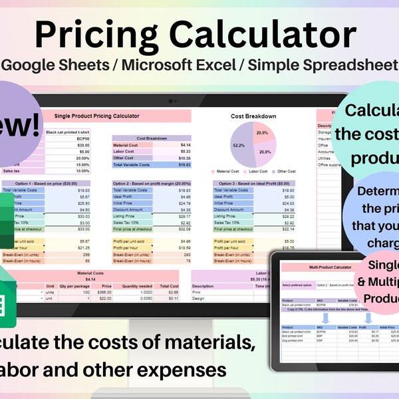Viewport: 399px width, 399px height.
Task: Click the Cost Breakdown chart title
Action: tap(253, 116)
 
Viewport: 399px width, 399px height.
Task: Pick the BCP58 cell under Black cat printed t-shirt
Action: tap(82, 138)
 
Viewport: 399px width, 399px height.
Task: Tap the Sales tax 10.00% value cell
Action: tap(82, 171)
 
